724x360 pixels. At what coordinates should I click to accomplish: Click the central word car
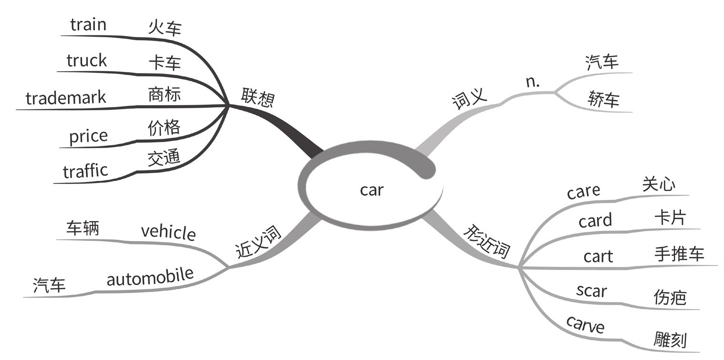[371, 190]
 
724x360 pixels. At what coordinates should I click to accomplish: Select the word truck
[86, 61]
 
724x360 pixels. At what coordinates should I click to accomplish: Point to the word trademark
[66, 98]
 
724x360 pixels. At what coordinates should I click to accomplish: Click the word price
[88, 137]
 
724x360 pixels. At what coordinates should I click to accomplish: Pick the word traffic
[85, 171]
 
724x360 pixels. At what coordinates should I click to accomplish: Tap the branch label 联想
[257, 96]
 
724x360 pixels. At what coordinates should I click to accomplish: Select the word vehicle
[168, 233]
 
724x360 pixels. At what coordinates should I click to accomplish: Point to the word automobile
[150, 276]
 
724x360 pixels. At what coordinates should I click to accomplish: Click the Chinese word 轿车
[604, 100]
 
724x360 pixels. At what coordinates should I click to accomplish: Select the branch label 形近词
[487, 242]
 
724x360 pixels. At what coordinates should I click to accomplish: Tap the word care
[583, 191]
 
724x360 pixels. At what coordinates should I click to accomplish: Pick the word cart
[598, 256]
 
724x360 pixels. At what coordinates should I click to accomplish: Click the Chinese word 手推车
[679, 254]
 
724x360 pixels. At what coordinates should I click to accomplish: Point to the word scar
[591, 290]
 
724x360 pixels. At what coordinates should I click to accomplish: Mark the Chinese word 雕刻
[670, 339]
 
